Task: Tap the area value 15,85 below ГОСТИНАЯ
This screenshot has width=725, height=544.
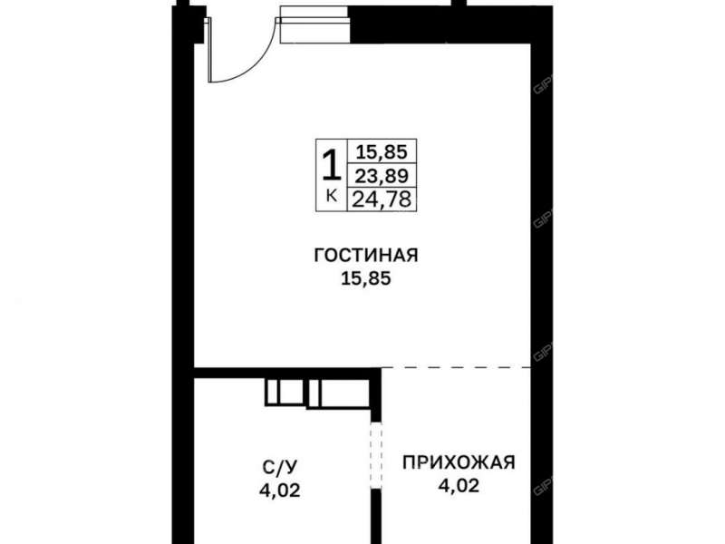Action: tap(365, 280)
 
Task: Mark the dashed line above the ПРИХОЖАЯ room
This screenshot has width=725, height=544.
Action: tap(458, 369)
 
